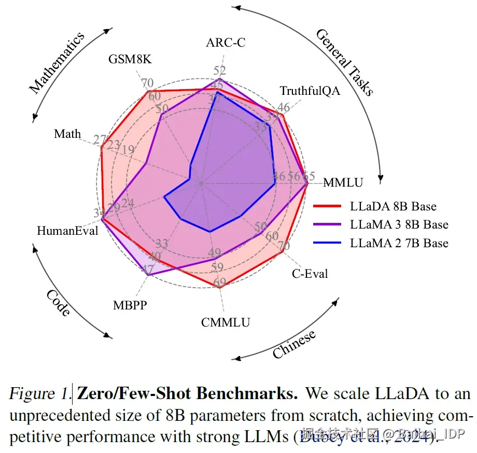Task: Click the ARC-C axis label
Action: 226,43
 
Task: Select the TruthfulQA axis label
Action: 310,91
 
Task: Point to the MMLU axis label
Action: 343,182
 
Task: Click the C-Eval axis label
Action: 310,273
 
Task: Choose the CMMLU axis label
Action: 226,322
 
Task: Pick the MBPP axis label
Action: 130,305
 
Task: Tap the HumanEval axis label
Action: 67,231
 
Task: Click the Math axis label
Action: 67,134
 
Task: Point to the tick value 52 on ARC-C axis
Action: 219,70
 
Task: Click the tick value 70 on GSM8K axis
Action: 147,83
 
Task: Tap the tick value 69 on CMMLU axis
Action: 219,283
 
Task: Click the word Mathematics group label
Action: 57,63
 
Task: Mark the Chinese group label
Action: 294,344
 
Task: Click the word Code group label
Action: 58,303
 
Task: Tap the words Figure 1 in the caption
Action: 39,394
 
